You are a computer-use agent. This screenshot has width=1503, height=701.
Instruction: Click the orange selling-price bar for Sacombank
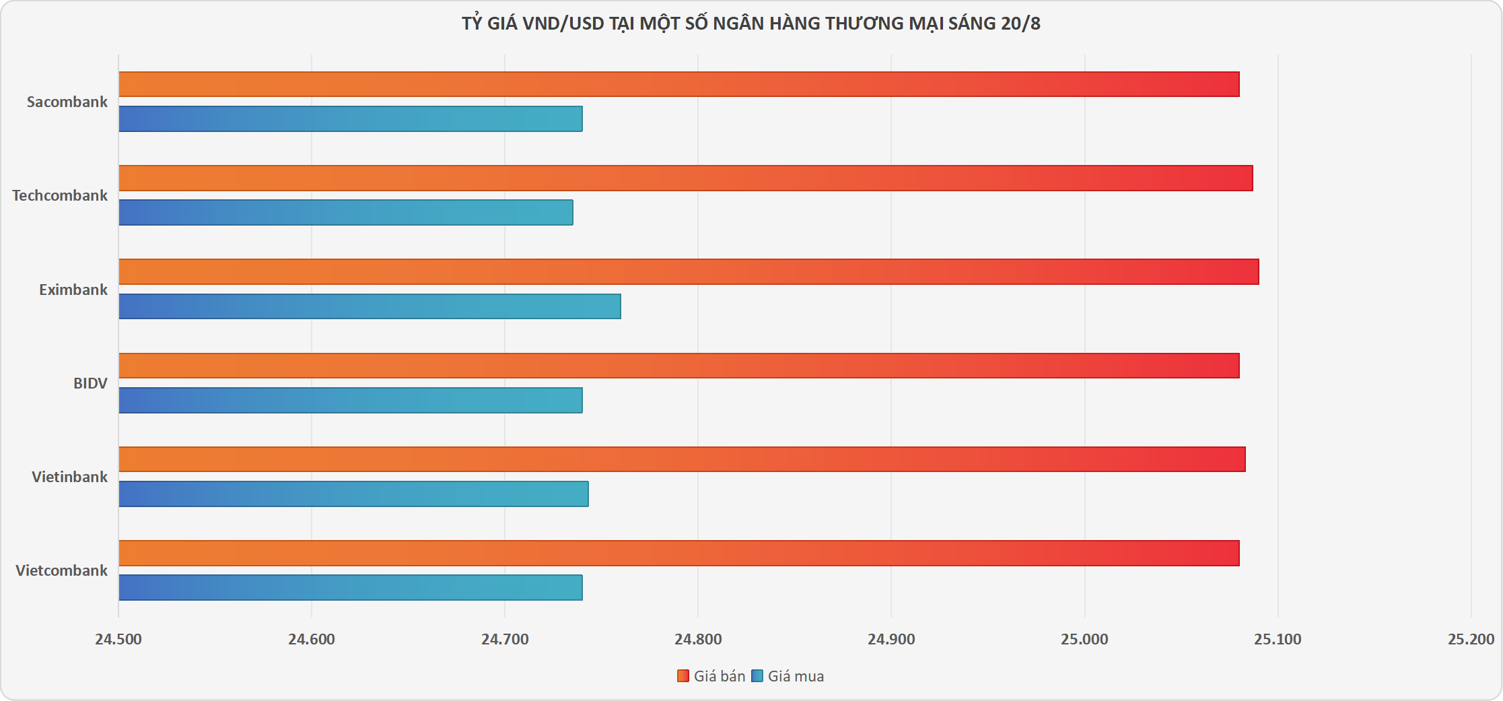pos(678,84)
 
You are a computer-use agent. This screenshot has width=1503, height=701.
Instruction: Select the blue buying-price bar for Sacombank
pos(350,119)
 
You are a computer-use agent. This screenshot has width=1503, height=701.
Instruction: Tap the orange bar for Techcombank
pos(685,178)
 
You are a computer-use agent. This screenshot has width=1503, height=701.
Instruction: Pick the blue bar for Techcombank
pos(345,212)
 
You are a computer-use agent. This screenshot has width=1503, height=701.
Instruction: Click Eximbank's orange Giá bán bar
pos(689,272)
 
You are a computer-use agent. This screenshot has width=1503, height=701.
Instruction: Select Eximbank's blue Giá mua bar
pos(370,306)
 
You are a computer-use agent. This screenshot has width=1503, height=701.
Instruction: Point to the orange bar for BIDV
pos(678,366)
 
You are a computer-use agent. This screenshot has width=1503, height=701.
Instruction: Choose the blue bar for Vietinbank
pos(353,494)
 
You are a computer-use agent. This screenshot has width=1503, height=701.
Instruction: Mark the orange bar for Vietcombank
pos(678,553)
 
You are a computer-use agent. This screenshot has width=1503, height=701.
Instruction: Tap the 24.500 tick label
pos(118,639)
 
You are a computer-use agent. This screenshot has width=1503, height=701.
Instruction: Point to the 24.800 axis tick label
pos(698,639)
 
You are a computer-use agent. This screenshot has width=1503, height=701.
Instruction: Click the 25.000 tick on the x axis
pos(1084,639)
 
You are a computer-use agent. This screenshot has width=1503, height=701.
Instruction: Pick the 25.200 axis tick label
pos(1471,639)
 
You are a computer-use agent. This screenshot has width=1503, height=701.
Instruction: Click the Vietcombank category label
pos(61,570)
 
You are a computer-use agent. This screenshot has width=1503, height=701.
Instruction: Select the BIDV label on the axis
pos(90,383)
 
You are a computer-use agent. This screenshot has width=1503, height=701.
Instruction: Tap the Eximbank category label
pos(73,290)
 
